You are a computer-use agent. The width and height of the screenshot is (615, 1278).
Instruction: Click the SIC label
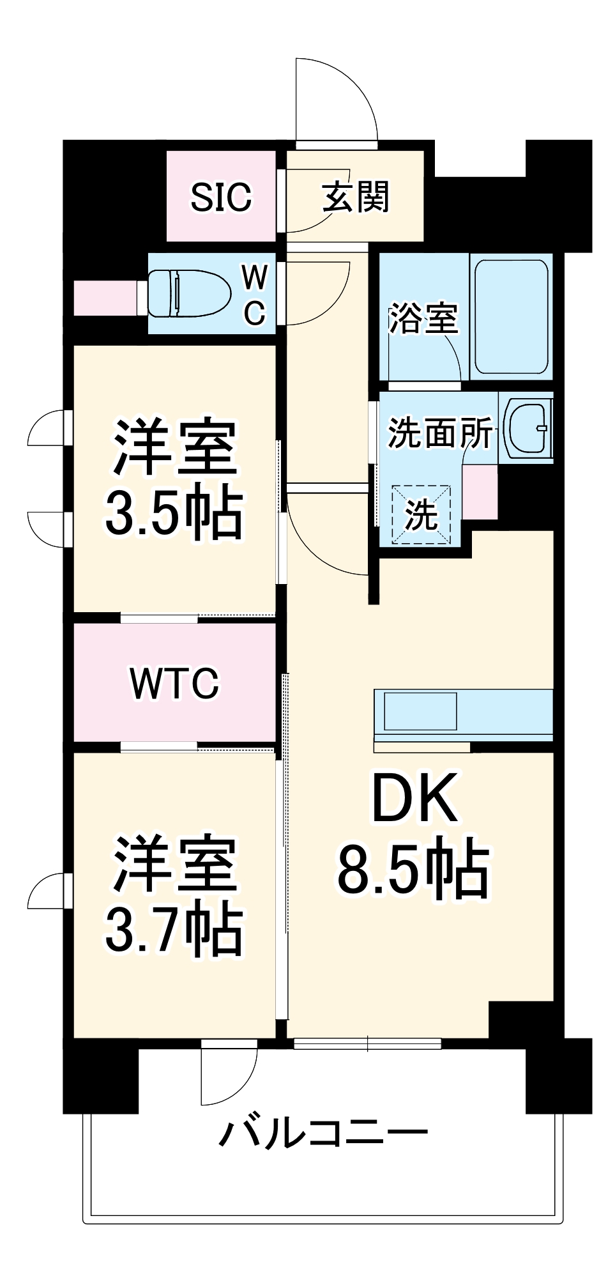221,197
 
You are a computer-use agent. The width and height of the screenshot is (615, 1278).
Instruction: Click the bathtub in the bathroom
512,317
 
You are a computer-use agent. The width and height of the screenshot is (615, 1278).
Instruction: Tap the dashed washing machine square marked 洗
421,515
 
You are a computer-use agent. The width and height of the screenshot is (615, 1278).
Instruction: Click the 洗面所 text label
440,434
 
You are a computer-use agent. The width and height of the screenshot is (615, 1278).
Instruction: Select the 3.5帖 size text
174,513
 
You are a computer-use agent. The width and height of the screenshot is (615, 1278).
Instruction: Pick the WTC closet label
174,683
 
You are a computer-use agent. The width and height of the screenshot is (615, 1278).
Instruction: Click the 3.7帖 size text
174,930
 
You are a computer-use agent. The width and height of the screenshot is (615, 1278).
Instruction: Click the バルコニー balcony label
323,1134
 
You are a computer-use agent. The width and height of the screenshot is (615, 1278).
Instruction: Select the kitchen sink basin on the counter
419,711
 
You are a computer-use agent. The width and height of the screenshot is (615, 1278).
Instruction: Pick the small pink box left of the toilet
105,298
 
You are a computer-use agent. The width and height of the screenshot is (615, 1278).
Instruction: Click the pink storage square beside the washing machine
480,492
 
